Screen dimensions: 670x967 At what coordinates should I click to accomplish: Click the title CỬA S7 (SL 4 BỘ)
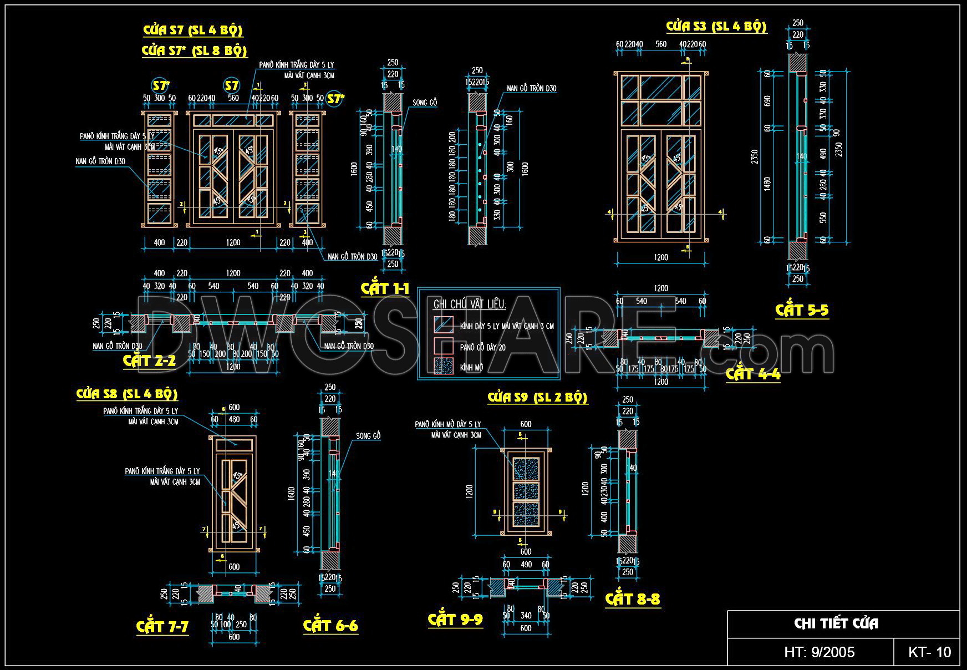[193, 31]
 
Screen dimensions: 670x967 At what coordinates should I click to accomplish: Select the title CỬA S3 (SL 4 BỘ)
[716, 27]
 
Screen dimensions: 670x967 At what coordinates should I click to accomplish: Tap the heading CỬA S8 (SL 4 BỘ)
[127, 394]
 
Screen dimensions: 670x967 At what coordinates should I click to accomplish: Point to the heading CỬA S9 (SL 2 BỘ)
[537, 398]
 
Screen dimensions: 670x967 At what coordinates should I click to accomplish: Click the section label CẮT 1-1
[385, 288]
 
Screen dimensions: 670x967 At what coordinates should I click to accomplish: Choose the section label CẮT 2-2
[149, 361]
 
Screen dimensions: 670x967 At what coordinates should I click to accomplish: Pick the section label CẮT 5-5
[802, 310]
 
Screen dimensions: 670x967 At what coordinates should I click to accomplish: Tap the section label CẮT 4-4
[753, 374]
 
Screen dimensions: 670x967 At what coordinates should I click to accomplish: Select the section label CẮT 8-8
[633, 599]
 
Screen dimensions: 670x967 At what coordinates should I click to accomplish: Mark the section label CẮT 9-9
[455, 620]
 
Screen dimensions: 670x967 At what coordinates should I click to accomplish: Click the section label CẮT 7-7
[162, 627]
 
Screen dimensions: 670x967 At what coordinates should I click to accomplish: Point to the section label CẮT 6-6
[330, 626]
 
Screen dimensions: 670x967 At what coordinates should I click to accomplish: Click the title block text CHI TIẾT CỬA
[836, 624]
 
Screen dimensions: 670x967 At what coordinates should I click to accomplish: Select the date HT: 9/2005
[819, 652]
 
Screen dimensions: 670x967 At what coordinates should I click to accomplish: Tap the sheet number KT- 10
[929, 652]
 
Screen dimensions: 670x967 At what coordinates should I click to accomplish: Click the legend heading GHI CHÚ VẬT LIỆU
[469, 304]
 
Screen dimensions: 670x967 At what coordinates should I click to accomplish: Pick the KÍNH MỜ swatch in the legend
[443, 366]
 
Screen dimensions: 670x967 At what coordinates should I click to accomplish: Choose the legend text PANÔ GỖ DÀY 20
[483, 347]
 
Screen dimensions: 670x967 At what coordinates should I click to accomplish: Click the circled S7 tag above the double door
[231, 85]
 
